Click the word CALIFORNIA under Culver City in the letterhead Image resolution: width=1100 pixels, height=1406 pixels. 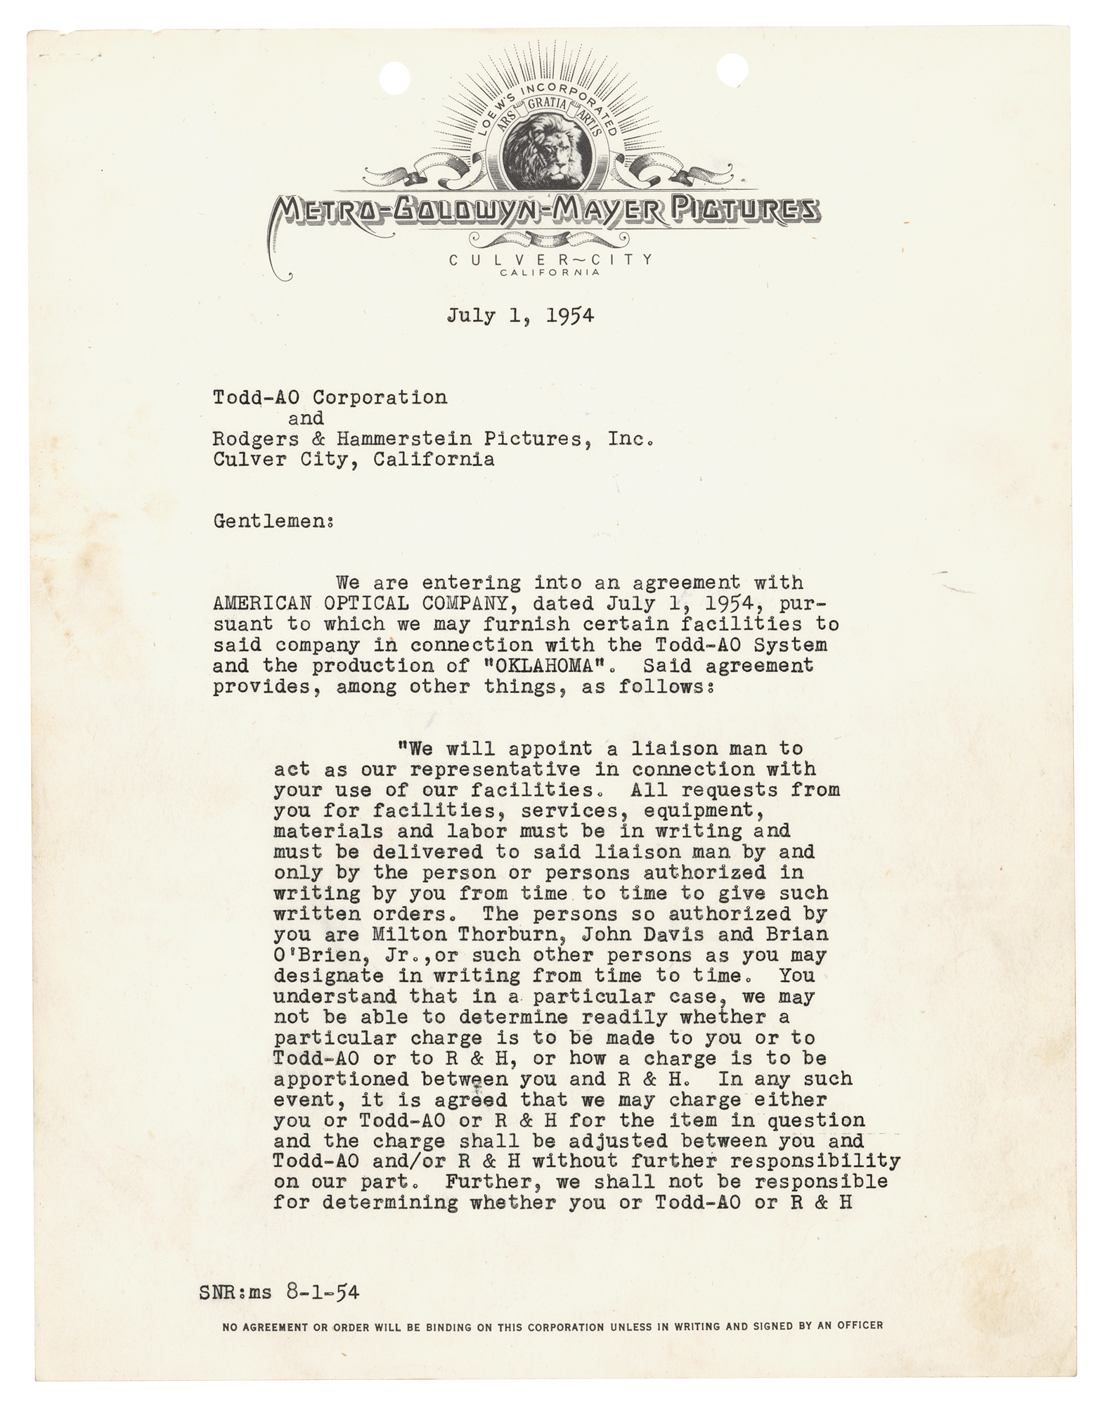[552, 273]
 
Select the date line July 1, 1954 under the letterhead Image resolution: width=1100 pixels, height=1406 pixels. [520, 316]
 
